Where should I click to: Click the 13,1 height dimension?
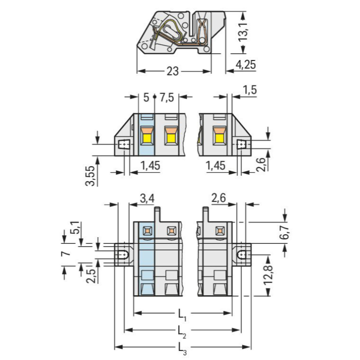(x=243, y=32)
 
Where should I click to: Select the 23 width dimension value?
(x=172, y=71)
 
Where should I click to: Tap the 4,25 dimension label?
(x=246, y=65)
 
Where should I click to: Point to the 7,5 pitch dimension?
(x=167, y=98)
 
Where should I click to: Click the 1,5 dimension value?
(x=250, y=90)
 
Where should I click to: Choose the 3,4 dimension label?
(x=147, y=198)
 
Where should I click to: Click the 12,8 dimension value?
(x=268, y=275)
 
